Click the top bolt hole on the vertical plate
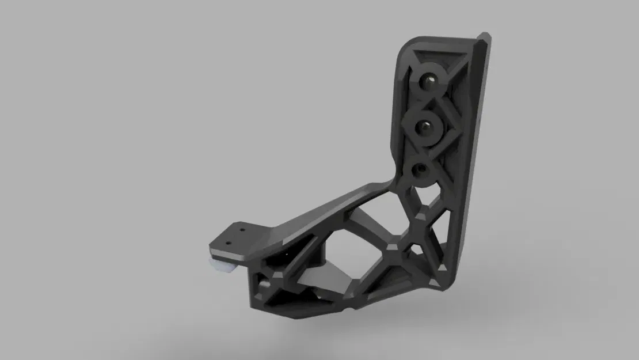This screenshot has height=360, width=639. point(428,81)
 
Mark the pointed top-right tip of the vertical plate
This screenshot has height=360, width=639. point(488,38)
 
